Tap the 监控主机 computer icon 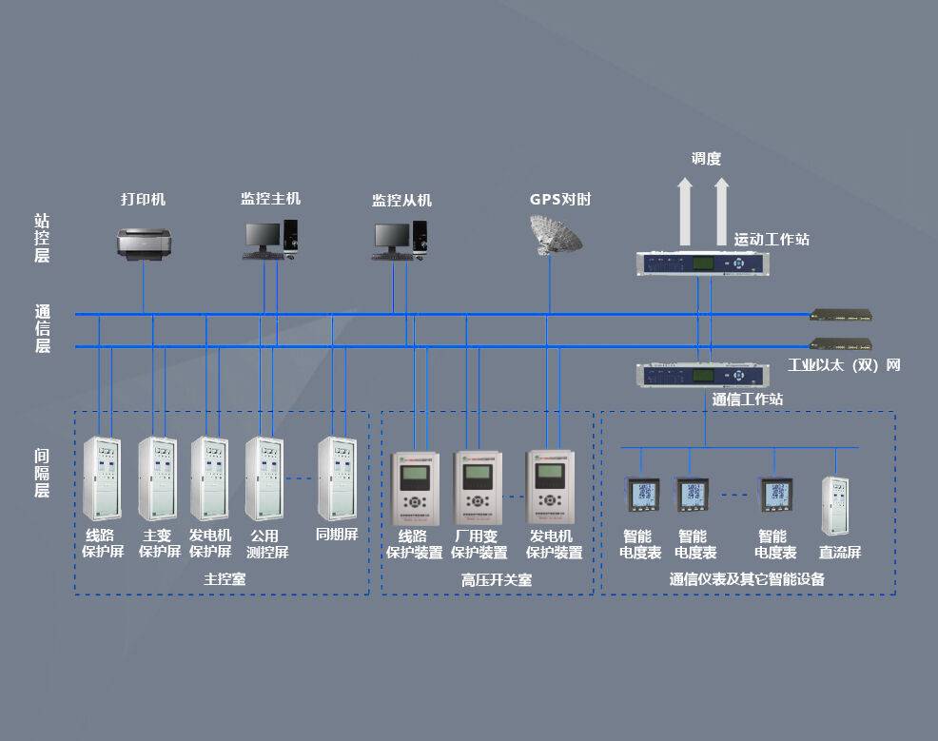tap(271, 239)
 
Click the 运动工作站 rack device tap(697, 263)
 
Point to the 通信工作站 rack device tap(697, 374)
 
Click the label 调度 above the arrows tap(706, 159)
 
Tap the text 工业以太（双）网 tap(844, 365)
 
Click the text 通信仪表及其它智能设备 tap(747, 578)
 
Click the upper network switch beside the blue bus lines tap(841, 315)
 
